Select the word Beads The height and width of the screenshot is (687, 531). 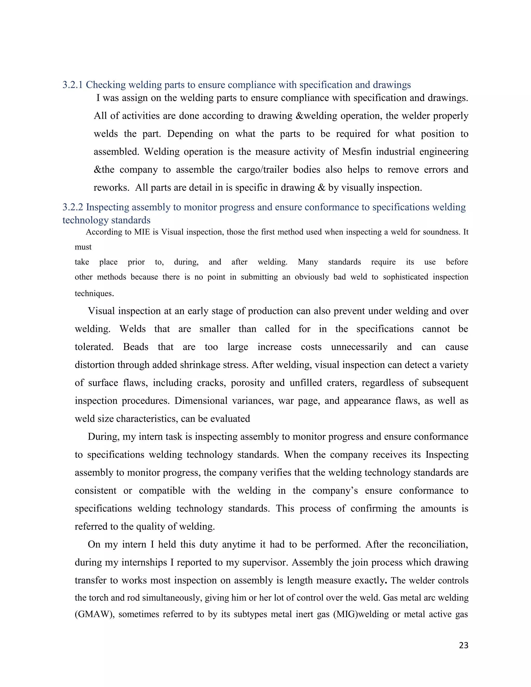pos(136,347)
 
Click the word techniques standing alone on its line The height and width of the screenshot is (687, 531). pos(94,294)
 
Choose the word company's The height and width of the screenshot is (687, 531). pos(335,491)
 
